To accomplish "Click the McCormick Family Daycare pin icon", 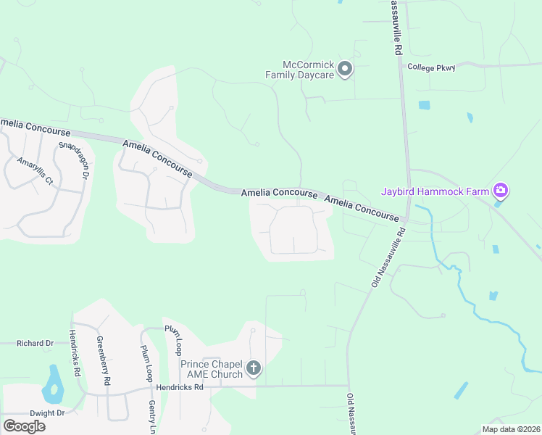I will pyautogui.click(x=346, y=70).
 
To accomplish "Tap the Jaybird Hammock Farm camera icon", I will pyautogui.click(x=500, y=191).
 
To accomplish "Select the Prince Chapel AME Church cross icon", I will pyautogui.click(x=254, y=368).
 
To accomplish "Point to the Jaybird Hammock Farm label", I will pyautogui.click(x=435, y=192).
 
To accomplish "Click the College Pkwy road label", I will pyautogui.click(x=431, y=67).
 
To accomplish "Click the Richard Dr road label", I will pyautogui.click(x=36, y=343).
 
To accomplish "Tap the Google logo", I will pyautogui.click(x=24, y=426).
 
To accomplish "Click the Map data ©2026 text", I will pyautogui.click(x=511, y=429).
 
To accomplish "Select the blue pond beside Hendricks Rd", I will pyautogui.click(x=52, y=384).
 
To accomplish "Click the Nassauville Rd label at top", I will pyautogui.click(x=396, y=27).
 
